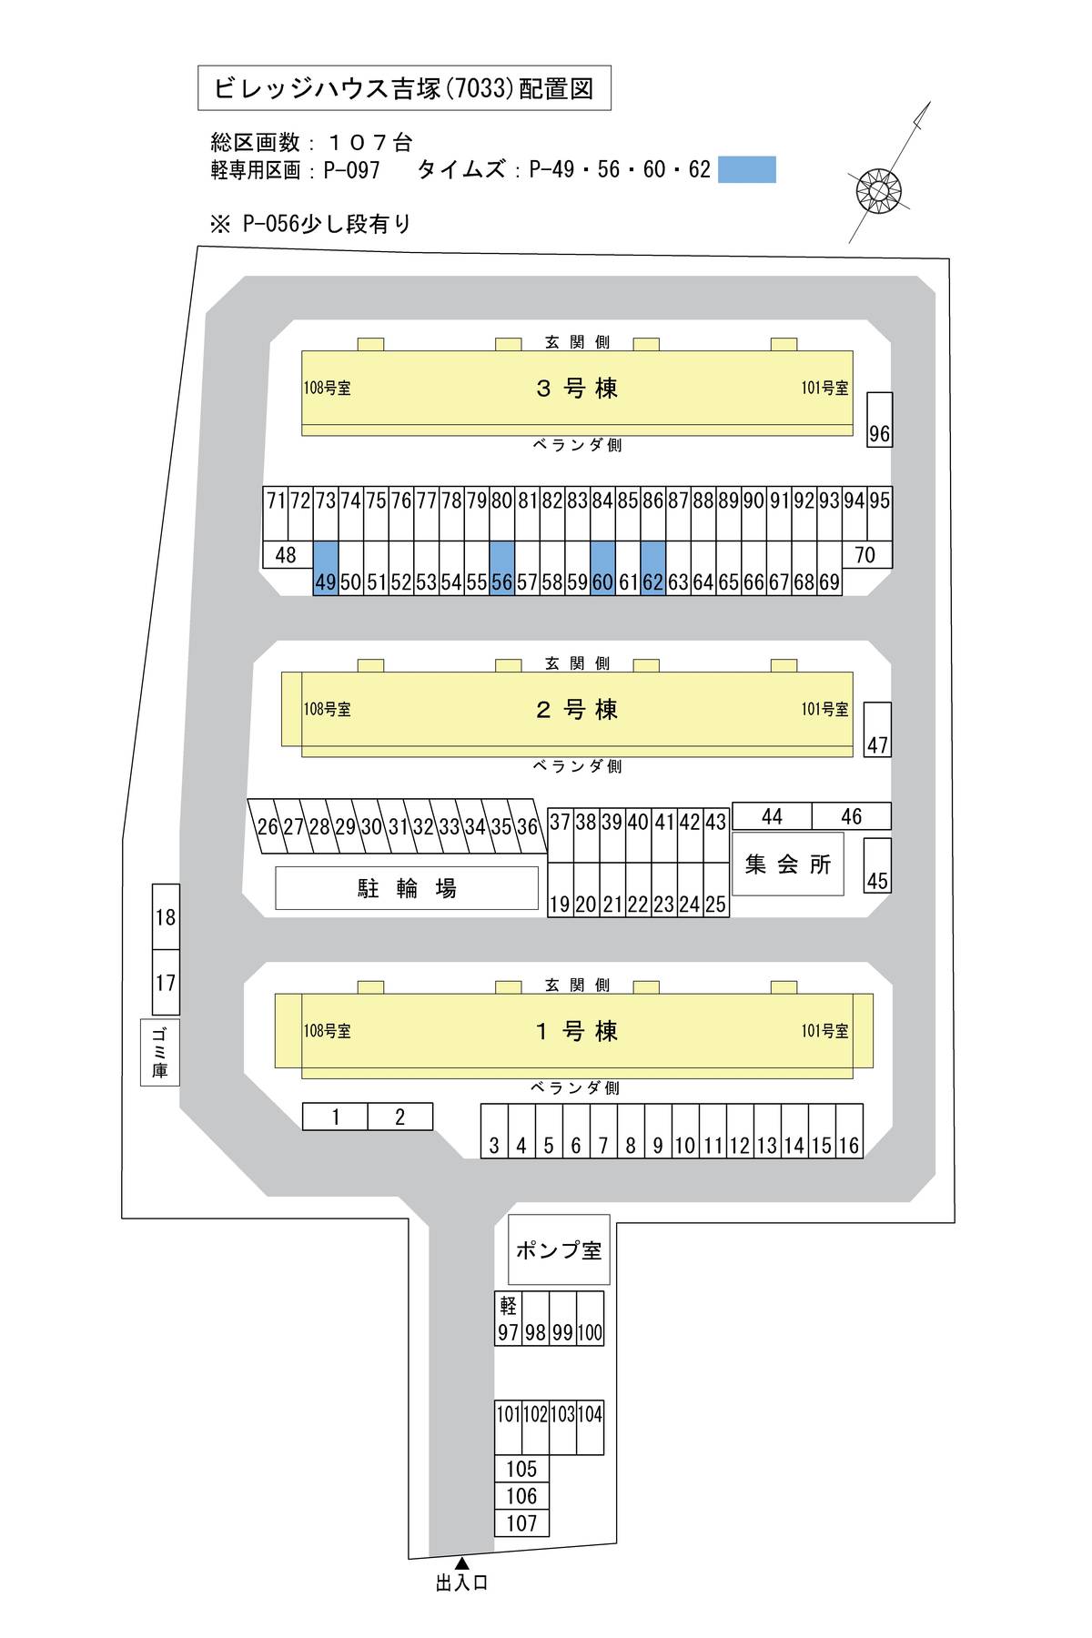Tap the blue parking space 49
pos(326,568)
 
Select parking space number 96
pos(879,420)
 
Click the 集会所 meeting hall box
pos(788,864)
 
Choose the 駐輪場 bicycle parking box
pos(407,887)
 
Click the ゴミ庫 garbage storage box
pos(160,1052)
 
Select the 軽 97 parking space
pos(508,1319)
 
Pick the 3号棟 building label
pos(577,389)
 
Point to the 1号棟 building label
pos(577,1031)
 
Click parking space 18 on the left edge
pos(166,917)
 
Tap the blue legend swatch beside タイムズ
pos(747,169)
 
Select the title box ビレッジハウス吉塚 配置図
pos(404,88)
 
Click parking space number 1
pos(335,1117)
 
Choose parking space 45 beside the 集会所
pos(877,865)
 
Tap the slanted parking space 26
pos(267,827)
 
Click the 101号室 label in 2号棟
pos(824,709)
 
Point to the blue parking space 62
pos(653,568)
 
